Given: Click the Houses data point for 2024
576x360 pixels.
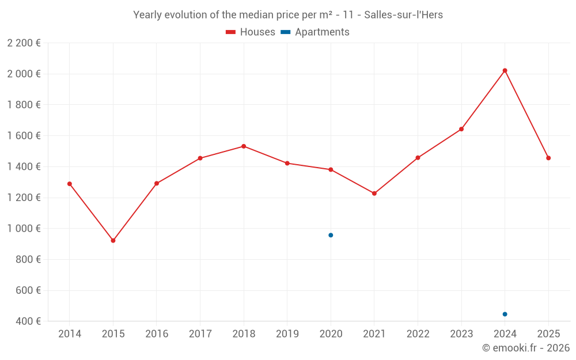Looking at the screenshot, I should click(x=505, y=70).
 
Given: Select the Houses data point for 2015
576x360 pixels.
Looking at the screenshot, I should click(x=113, y=240).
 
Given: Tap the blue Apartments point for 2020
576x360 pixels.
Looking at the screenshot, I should click(x=331, y=235).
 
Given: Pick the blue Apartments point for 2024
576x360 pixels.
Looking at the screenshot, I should click(x=505, y=314).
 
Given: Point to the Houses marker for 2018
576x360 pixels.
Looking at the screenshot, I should click(x=244, y=146).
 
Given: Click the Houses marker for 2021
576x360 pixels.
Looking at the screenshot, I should click(x=374, y=194).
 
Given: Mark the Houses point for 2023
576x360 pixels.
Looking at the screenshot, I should click(x=461, y=129).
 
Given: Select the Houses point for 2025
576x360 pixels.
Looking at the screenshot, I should click(x=548, y=158).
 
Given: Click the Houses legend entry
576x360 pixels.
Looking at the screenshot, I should click(x=251, y=32).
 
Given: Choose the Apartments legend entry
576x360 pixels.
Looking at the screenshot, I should click(x=315, y=32).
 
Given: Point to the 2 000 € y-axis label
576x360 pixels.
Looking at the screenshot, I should click(x=24, y=74).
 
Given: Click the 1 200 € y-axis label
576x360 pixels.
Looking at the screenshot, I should click(x=24, y=198).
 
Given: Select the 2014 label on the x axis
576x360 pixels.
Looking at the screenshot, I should click(x=70, y=334).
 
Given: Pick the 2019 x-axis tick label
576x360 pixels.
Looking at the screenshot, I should click(x=287, y=334).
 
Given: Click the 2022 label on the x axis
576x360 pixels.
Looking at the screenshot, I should click(x=418, y=334).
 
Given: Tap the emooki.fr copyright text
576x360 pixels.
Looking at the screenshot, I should click(x=526, y=348).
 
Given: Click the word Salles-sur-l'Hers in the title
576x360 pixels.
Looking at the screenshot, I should click(x=403, y=15).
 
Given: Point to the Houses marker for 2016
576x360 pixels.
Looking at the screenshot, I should click(x=157, y=183).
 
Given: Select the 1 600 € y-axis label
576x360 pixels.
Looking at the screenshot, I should click(x=24, y=136).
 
